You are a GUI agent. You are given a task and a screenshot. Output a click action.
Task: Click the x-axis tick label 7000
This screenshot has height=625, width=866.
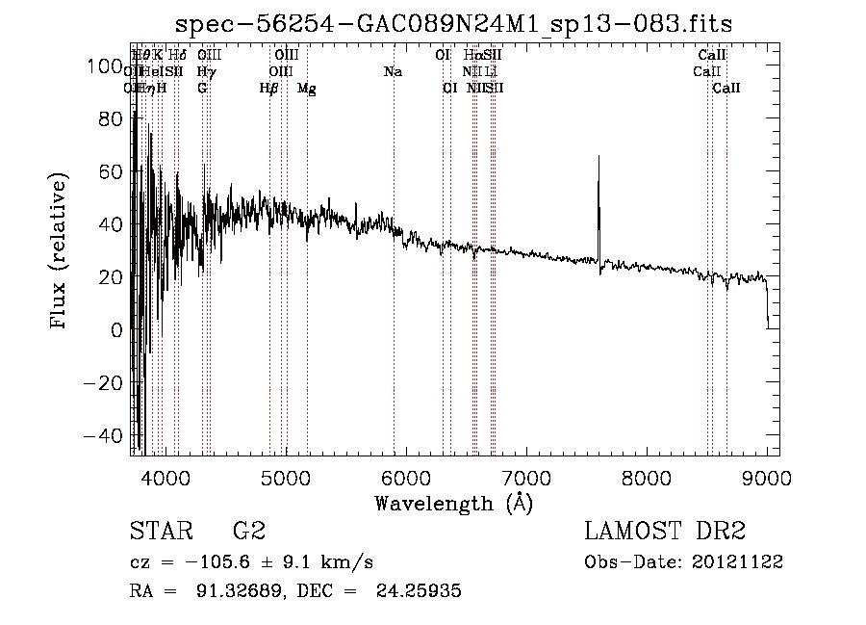click(526, 478)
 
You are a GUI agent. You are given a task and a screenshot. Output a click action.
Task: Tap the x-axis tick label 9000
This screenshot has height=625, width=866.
click(767, 478)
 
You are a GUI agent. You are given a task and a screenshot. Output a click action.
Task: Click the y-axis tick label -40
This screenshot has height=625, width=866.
click(102, 435)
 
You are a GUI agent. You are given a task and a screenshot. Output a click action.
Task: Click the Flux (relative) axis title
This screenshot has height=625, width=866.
click(60, 251)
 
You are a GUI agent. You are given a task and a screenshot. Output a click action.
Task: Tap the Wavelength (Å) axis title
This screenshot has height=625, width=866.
click(453, 503)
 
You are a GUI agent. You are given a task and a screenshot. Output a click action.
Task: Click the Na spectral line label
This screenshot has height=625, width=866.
click(393, 72)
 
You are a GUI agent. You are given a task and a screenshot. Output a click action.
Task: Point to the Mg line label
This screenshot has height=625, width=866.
click(307, 89)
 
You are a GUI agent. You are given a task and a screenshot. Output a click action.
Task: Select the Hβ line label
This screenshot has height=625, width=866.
click(268, 89)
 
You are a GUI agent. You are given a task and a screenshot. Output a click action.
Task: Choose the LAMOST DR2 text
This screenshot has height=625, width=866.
click(665, 532)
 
